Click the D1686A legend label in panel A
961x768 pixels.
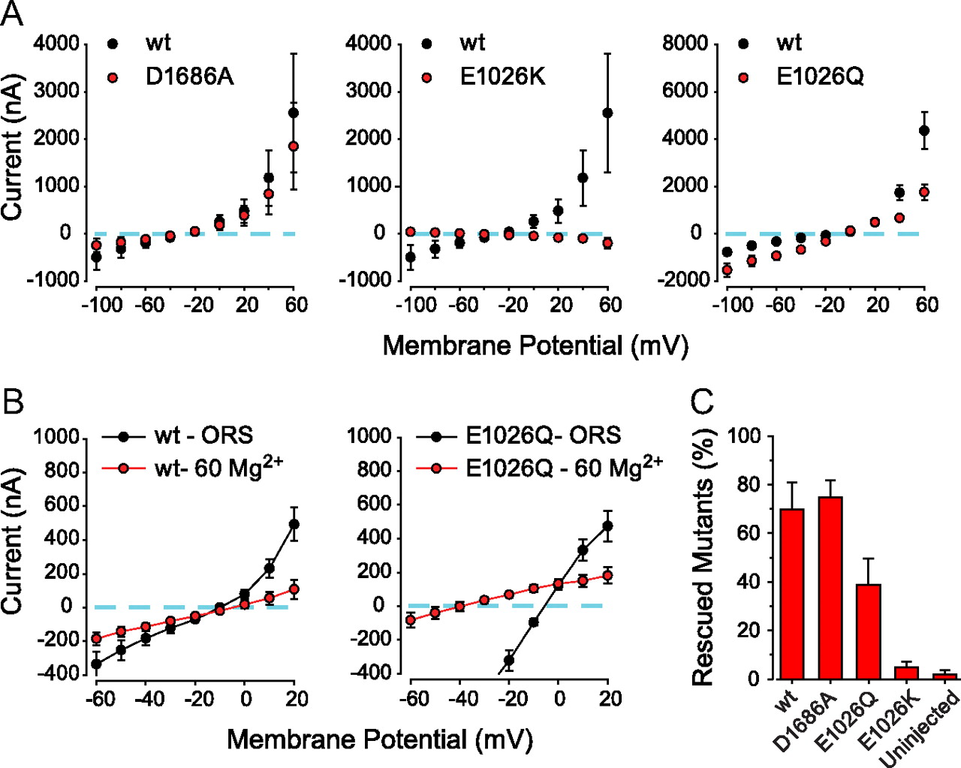point(189,77)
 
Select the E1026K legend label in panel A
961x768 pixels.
point(502,77)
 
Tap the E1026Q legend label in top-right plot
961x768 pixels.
point(820,77)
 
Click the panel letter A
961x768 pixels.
point(12,14)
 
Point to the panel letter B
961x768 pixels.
point(13,402)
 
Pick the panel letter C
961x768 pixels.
point(702,402)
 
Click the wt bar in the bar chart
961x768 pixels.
point(792,593)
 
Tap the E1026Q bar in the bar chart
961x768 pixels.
point(869,631)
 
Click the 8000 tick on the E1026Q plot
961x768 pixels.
point(685,44)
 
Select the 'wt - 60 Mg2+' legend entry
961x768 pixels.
point(218,468)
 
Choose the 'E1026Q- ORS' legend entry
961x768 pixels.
point(543,435)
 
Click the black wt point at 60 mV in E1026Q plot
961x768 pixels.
point(924,131)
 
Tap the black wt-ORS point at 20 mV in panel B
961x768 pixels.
point(294,524)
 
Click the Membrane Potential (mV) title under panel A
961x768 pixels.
point(535,345)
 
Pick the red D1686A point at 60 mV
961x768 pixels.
point(294,146)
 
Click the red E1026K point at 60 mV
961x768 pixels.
point(607,243)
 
